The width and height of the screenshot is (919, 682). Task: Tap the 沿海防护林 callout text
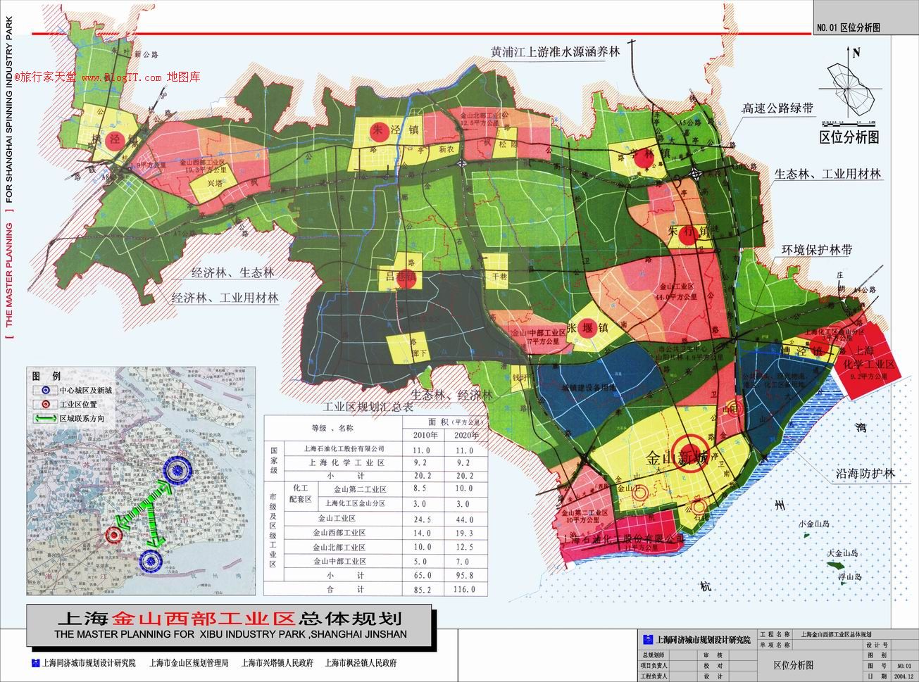click(860, 474)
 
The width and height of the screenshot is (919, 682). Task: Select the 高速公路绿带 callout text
click(777, 108)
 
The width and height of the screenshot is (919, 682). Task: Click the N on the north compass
click(856, 52)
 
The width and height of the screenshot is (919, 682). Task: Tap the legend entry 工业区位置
click(78, 405)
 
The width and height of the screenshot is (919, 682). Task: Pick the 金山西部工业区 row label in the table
click(339, 533)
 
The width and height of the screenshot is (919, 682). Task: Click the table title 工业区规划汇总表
click(368, 407)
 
